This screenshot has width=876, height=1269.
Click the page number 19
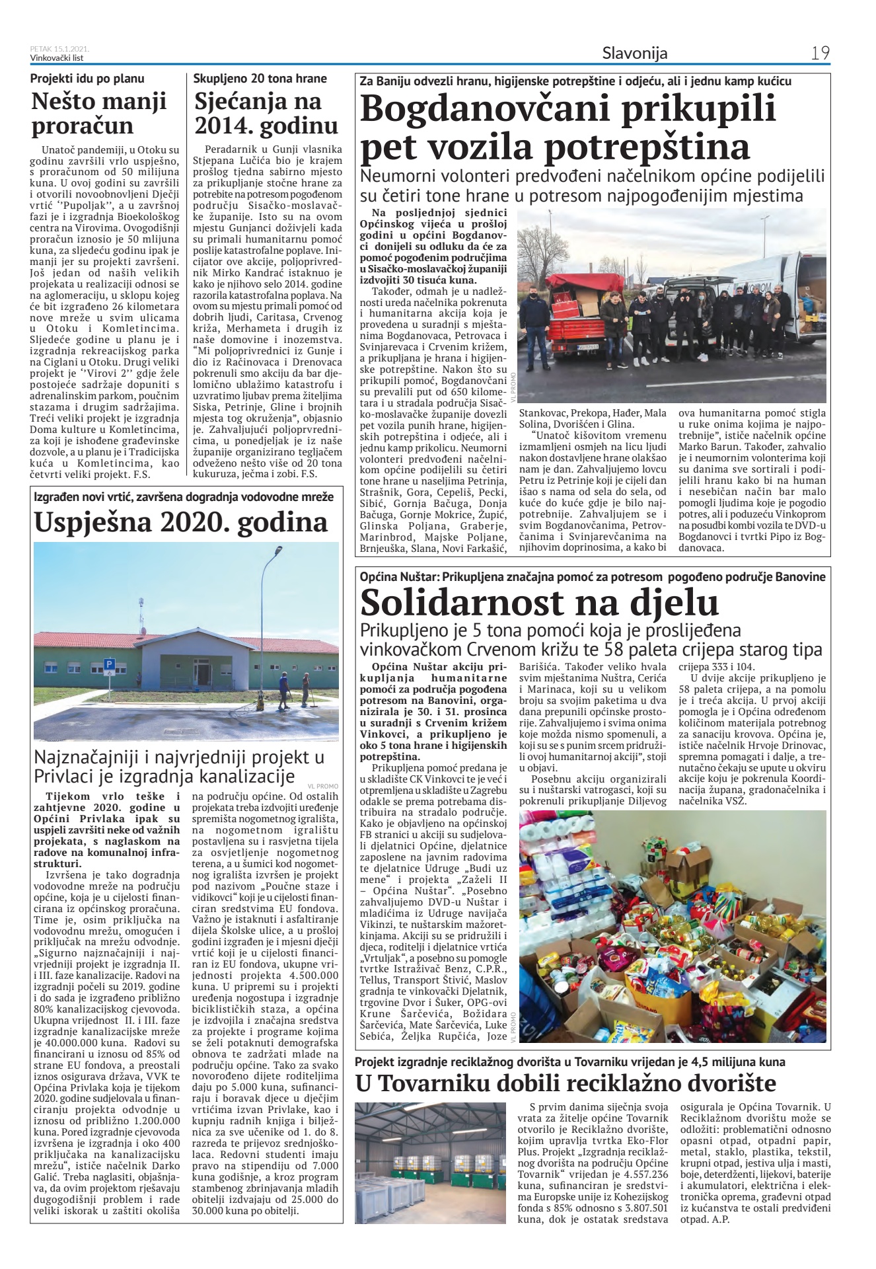pos(821,53)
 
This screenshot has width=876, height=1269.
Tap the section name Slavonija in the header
pos(634,53)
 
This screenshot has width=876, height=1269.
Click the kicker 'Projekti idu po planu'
pos(87,79)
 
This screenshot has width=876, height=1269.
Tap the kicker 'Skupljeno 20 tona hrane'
pos(260,79)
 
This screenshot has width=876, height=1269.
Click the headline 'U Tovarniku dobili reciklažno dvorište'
pos(565,1083)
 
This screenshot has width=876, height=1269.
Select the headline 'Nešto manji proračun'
pos(99,113)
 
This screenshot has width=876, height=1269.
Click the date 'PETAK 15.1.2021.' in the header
pos(60,49)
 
